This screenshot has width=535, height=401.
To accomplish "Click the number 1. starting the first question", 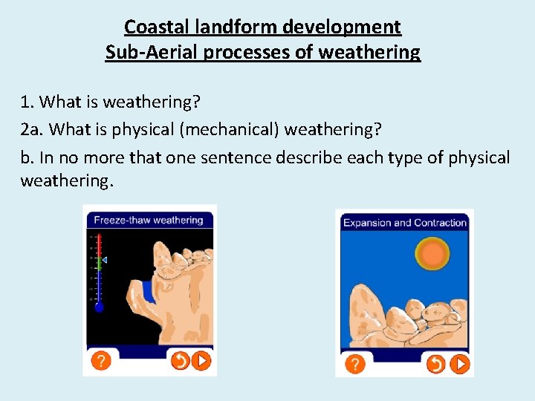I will [x=27, y=101].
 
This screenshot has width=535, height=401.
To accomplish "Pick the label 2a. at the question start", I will [x=31, y=129].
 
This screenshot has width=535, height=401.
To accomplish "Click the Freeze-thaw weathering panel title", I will [x=149, y=220].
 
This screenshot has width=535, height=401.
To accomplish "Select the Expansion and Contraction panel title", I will [x=404, y=223].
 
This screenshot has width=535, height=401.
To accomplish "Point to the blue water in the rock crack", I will [x=149, y=291].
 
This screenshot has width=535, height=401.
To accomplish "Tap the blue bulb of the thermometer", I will [x=99, y=306].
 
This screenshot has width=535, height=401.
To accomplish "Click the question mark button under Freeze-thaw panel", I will [x=100, y=361].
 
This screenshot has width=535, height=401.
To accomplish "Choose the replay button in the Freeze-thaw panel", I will [x=179, y=361].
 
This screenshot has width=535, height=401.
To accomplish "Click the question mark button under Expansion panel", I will [x=356, y=364].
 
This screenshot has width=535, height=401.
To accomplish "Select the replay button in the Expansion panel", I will [x=435, y=364].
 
